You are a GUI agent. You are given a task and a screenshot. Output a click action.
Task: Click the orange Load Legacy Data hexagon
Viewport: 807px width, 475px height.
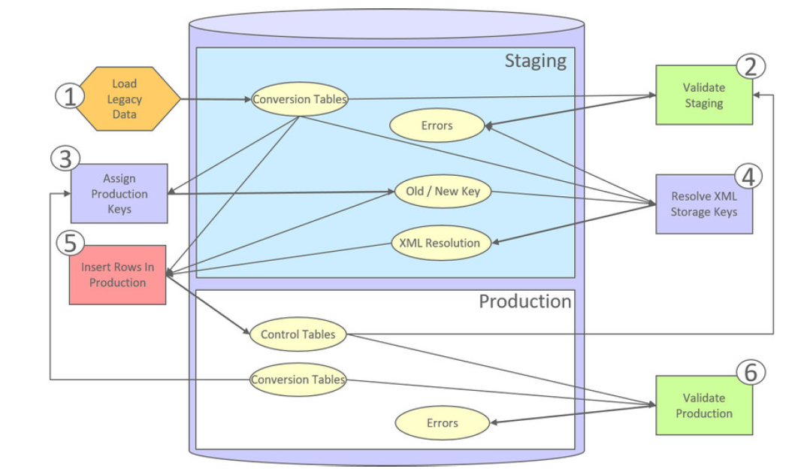(125, 98)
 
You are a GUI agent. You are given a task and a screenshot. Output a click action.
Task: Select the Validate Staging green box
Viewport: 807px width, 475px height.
(704, 95)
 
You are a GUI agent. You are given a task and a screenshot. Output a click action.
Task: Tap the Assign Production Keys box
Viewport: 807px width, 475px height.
(119, 193)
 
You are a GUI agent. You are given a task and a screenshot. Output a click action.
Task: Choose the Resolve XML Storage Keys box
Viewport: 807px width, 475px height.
(704, 204)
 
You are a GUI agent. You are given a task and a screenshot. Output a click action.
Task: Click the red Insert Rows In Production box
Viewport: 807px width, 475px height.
(117, 274)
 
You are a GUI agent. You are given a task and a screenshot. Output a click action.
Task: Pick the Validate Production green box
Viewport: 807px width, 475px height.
(704, 405)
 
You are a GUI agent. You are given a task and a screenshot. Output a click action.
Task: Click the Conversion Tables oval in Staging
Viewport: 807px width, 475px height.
(300, 99)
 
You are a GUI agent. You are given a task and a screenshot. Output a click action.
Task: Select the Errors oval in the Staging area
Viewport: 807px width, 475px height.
(437, 126)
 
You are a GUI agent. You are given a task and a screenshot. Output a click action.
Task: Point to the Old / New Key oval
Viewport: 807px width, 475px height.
(443, 192)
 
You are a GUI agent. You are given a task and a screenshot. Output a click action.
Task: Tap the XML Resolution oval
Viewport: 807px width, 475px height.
(441, 243)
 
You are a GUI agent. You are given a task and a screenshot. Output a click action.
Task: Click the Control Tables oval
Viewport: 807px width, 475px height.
(298, 334)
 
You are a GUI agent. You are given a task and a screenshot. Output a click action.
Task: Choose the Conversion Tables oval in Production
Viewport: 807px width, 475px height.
(298, 380)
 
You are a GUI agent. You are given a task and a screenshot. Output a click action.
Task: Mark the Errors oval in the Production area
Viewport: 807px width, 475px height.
(442, 423)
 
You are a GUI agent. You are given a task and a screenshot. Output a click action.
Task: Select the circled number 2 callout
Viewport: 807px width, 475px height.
(750, 67)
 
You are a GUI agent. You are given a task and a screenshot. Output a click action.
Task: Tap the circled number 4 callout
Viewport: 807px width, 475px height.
(748, 176)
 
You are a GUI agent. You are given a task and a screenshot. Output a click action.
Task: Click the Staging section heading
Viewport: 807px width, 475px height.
(535, 61)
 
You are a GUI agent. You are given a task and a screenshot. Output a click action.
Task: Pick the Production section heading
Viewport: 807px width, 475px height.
(525, 301)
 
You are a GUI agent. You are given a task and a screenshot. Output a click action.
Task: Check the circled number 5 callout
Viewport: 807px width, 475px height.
(70, 244)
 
